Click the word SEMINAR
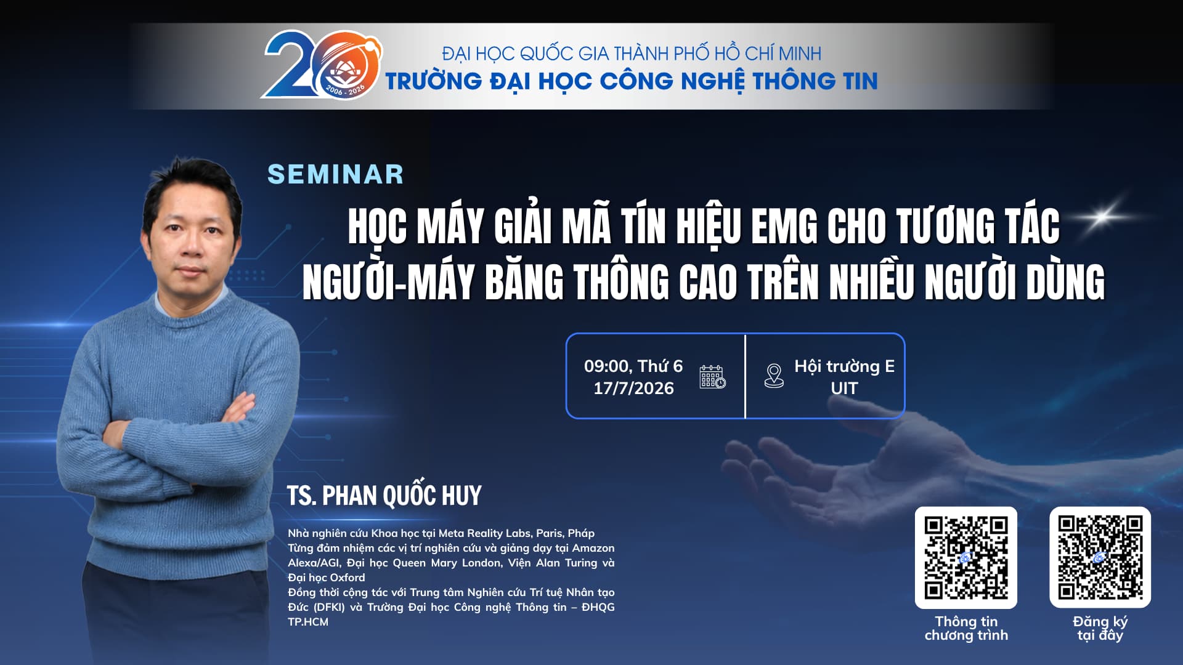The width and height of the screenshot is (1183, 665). click(336, 174)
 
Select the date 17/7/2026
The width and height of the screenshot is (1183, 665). click(633, 389)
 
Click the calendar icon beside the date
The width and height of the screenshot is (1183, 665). click(712, 377)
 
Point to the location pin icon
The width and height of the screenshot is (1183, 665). click(774, 376)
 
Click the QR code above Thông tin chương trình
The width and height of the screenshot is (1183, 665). click(966, 558)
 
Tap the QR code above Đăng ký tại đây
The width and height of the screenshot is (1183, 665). click(1100, 557)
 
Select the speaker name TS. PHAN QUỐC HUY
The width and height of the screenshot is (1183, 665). click(384, 496)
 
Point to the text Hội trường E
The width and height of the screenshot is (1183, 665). click(844, 366)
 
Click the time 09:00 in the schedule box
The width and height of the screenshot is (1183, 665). click(608, 366)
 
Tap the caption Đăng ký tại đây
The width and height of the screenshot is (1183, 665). click(1100, 629)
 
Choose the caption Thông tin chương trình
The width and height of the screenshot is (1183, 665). click(966, 629)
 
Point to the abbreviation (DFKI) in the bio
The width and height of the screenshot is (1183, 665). click(329, 607)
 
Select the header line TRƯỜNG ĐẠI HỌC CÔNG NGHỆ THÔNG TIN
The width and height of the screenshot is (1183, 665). click(632, 81)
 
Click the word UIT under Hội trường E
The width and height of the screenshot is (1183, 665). click(844, 389)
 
